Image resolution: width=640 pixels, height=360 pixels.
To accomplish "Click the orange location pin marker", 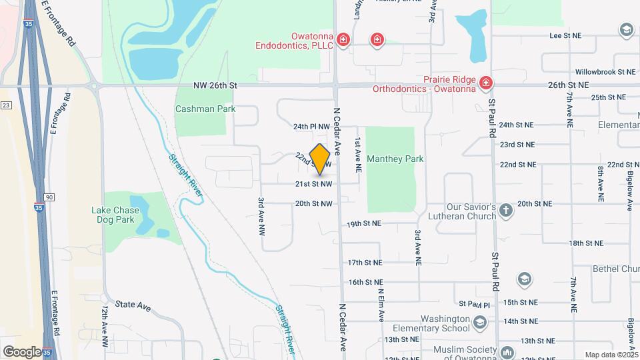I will tap(320, 159).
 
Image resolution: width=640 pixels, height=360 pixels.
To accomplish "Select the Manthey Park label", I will tap(395, 159).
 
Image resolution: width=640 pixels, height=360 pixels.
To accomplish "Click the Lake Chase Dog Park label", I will tap(115, 214).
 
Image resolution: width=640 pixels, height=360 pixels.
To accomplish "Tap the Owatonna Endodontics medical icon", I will tap(343, 40).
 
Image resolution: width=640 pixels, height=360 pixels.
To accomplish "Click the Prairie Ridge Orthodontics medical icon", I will tap(486, 83).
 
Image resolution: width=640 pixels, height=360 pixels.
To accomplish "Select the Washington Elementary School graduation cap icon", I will tap(479, 324).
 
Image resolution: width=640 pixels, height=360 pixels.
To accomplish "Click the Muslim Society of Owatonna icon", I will tap(507, 351).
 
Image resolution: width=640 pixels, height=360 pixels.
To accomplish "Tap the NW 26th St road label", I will tap(215, 85).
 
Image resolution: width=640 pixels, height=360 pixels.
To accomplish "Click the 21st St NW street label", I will tap(313, 183).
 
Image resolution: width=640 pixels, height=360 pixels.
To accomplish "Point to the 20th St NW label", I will tap(313, 204).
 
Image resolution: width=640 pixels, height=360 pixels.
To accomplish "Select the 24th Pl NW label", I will tap(311, 125).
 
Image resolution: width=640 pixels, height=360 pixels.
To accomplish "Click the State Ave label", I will tap(133, 305).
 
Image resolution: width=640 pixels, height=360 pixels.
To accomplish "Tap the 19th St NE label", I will tap(363, 224).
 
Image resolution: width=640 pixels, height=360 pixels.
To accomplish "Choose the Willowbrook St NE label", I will tap(595, 71).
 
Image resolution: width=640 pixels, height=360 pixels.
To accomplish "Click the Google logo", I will tap(22, 351).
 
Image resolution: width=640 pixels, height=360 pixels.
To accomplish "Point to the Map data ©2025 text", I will tap(611, 355).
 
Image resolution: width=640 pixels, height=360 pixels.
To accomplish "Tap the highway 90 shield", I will tap(49, 197).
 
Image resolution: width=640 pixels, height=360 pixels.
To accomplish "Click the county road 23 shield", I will tap(6, 105).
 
